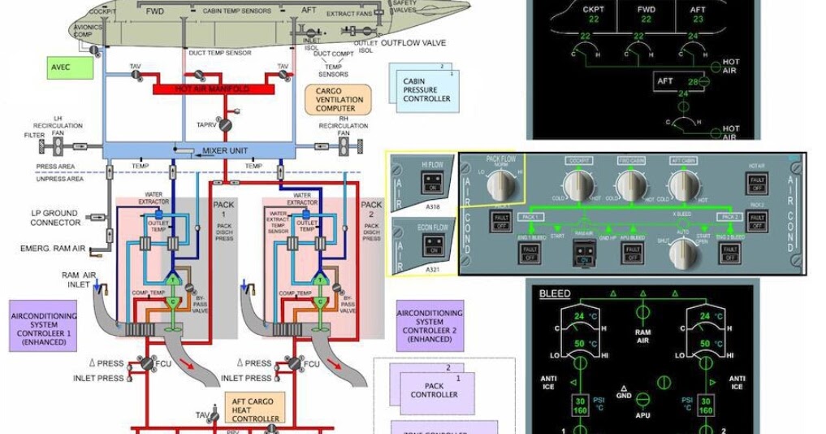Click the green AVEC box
click(71, 67)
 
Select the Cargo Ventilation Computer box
click(337, 98)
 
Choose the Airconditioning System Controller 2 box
click(429, 324)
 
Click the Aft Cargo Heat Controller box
click(255, 409)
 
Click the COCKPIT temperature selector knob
click(577, 186)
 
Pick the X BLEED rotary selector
click(683, 253)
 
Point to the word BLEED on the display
click(555, 293)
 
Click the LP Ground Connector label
click(55, 219)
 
